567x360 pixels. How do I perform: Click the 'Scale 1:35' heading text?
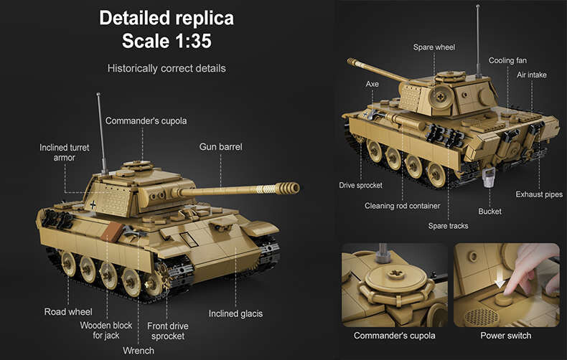(167, 40)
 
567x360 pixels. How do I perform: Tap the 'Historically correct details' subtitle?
(167, 68)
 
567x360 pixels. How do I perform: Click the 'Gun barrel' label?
(220, 147)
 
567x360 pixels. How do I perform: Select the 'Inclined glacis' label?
(235, 313)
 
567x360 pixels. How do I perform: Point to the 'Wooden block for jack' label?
(106, 331)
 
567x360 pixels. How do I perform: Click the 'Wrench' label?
(139, 351)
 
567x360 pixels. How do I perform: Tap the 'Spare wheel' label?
(434, 47)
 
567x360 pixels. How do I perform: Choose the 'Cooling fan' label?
(507, 61)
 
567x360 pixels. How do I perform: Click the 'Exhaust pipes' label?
(539, 194)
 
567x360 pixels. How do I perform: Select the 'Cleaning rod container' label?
(402, 206)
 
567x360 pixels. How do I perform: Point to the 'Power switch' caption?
(505, 336)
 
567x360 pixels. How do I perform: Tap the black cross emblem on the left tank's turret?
(93, 204)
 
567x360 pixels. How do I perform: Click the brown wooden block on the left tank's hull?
(112, 232)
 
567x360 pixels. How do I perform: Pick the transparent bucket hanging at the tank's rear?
(489, 177)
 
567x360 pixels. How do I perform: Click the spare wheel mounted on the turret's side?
(441, 97)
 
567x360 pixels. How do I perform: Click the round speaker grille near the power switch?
(482, 317)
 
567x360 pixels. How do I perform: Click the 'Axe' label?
(372, 84)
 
